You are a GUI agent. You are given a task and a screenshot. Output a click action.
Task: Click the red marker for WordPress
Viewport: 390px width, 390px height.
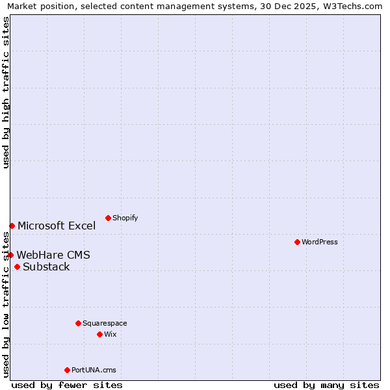coord(297,242)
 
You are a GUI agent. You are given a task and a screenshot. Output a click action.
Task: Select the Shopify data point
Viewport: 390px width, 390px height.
coord(108,218)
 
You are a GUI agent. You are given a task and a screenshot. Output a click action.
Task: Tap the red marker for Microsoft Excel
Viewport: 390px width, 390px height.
coord(12,226)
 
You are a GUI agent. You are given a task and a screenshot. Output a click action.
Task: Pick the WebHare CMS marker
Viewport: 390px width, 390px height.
coord(10,255)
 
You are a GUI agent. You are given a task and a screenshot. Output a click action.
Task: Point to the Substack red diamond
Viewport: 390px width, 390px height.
coord(17,266)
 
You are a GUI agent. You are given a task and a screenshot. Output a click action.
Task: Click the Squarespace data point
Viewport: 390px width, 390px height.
coord(78,323)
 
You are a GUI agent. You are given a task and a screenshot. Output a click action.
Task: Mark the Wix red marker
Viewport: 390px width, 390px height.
coord(99,334)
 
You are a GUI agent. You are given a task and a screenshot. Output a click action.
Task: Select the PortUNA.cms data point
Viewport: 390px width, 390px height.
coord(67,370)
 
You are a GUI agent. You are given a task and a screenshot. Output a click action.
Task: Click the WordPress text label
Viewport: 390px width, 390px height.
coord(320,242)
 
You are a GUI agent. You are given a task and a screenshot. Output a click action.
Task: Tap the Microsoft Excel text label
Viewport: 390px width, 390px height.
coord(57,226)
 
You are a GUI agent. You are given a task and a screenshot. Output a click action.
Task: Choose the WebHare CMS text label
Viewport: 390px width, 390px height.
coord(53,255)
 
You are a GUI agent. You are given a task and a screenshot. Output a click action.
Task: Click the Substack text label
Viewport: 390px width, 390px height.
coord(46,267)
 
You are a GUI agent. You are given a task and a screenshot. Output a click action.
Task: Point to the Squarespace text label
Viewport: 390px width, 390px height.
coord(105,324)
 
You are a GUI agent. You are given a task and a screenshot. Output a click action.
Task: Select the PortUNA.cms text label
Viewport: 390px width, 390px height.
coord(94,370)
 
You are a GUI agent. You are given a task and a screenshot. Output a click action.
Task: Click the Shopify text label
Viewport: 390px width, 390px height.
coord(125,218)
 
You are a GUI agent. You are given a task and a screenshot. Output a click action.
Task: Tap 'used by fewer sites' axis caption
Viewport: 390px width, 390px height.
coord(67,385)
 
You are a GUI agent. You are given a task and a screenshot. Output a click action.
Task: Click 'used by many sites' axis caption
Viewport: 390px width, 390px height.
coord(326,385)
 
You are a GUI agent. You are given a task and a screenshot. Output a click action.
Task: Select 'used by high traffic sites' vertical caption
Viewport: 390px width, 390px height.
coord(6,92)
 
